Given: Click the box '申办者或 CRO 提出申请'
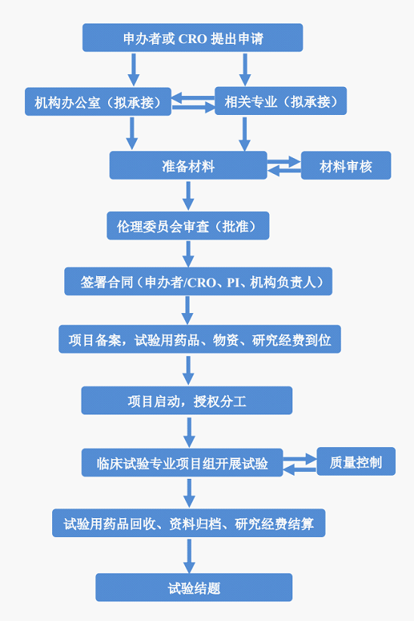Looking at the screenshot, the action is (193, 38).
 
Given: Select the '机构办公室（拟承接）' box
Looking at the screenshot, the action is (98, 102).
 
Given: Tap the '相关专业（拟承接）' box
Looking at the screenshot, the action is (281, 101).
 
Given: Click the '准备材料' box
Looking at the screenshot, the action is (188, 166).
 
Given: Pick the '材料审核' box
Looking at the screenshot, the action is (346, 166).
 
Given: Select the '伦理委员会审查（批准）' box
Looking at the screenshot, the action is (188, 225).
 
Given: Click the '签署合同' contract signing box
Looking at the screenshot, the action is (198, 281).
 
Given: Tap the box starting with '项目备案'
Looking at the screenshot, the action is (199, 340).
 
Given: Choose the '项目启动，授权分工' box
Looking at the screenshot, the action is (187, 401).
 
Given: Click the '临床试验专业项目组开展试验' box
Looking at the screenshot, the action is (182, 463).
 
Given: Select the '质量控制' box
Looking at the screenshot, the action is (356, 461).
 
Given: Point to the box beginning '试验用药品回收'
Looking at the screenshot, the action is (189, 523).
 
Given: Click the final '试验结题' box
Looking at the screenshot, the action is (193, 588).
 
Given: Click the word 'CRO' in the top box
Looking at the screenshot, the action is (193, 39).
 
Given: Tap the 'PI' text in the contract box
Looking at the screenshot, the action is (233, 282).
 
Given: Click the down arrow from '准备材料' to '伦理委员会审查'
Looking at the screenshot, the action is (188, 196).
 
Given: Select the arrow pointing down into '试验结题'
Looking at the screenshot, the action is (190, 556).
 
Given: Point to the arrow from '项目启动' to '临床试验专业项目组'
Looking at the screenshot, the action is (190, 432).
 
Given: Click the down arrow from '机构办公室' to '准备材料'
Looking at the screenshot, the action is (132, 133).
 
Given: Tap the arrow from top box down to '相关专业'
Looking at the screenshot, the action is (246, 70).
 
